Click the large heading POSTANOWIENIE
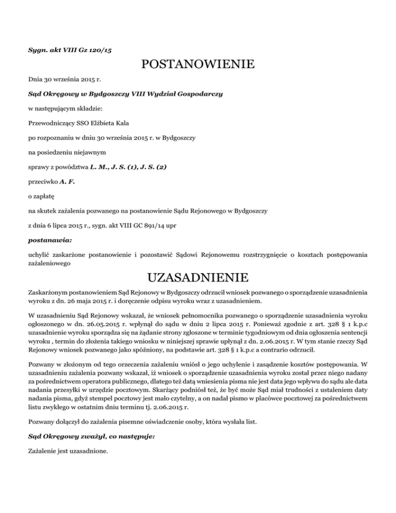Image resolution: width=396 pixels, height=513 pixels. [x=198, y=65]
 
